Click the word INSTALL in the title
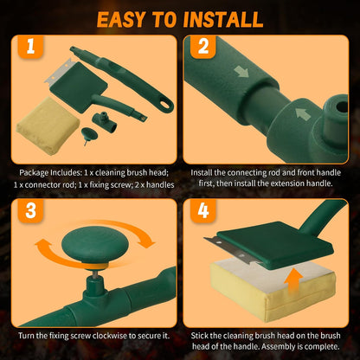click(x=223, y=20)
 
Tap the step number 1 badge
click(x=30, y=47)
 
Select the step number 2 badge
click(x=203, y=47)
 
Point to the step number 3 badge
click(x=30, y=210)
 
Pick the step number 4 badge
click(x=203, y=210)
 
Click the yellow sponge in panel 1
click(x=48, y=126)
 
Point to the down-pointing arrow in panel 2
click(x=241, y=71)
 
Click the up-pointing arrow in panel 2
click(x=303, y=113)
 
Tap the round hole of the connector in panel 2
click(x=342, y=106)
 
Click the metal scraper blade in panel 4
click(x=233, y=250)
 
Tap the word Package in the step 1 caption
click(x=34, y=173)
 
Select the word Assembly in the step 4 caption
click(x=279, y=346)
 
